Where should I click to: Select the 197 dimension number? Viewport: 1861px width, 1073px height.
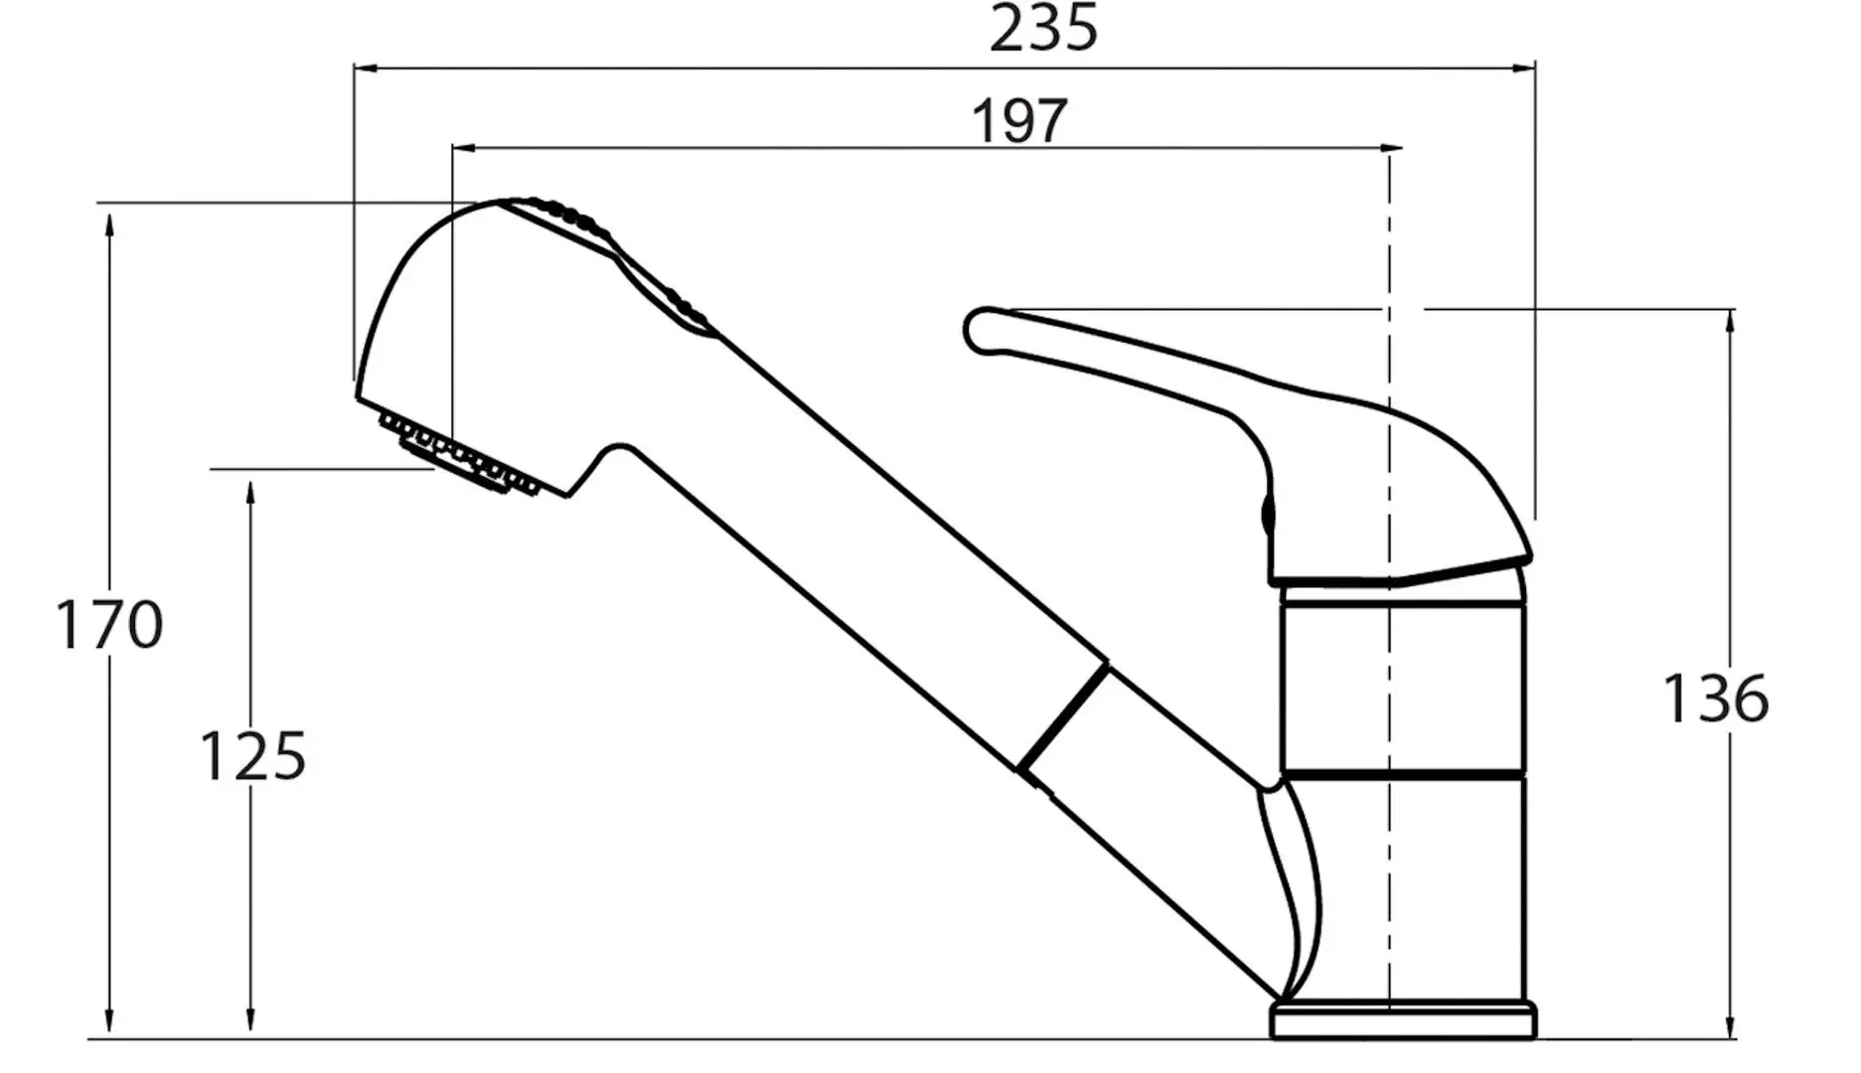(x=1019, y=120)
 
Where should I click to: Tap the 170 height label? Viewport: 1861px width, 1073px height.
(x=108, y=625)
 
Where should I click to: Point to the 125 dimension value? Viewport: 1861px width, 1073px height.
(x=253, y=756)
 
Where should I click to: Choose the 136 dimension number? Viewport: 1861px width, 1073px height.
(x=1716, y=697)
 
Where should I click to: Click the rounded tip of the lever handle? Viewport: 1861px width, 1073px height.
(x=980, y=330)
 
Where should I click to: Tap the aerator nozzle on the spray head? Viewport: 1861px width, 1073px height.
(x=459, y=455)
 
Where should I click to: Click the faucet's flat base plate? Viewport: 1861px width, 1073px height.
(x=1403, y=1020)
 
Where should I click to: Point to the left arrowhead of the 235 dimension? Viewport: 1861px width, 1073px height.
(x=366, y=69)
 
